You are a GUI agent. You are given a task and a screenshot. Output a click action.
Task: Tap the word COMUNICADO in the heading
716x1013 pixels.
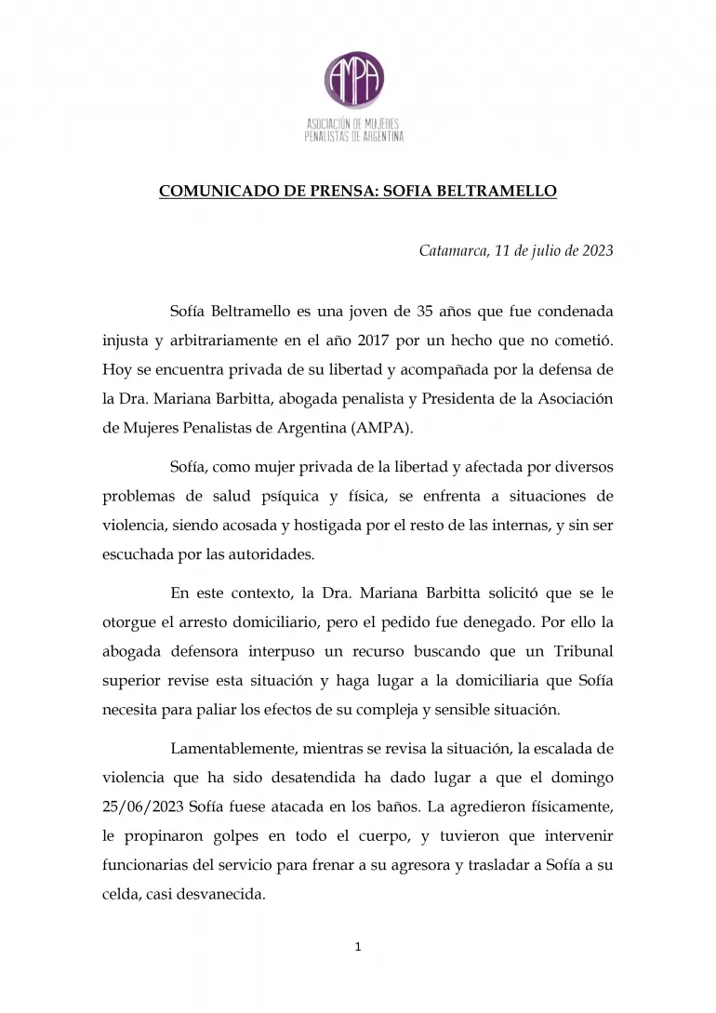click(x=209, y=192)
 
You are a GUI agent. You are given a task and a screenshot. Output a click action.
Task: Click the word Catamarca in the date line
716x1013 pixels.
click(x=452, y=250)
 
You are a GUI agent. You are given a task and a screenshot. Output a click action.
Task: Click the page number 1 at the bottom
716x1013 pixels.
click(x=358, y=948)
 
